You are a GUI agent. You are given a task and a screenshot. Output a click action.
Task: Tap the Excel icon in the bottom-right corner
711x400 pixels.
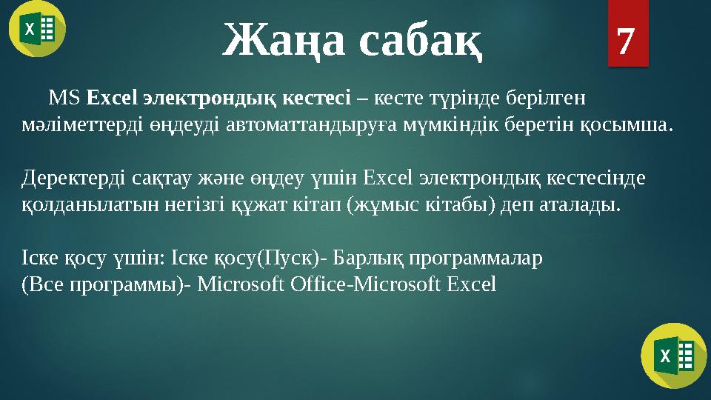tap(673, 355)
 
